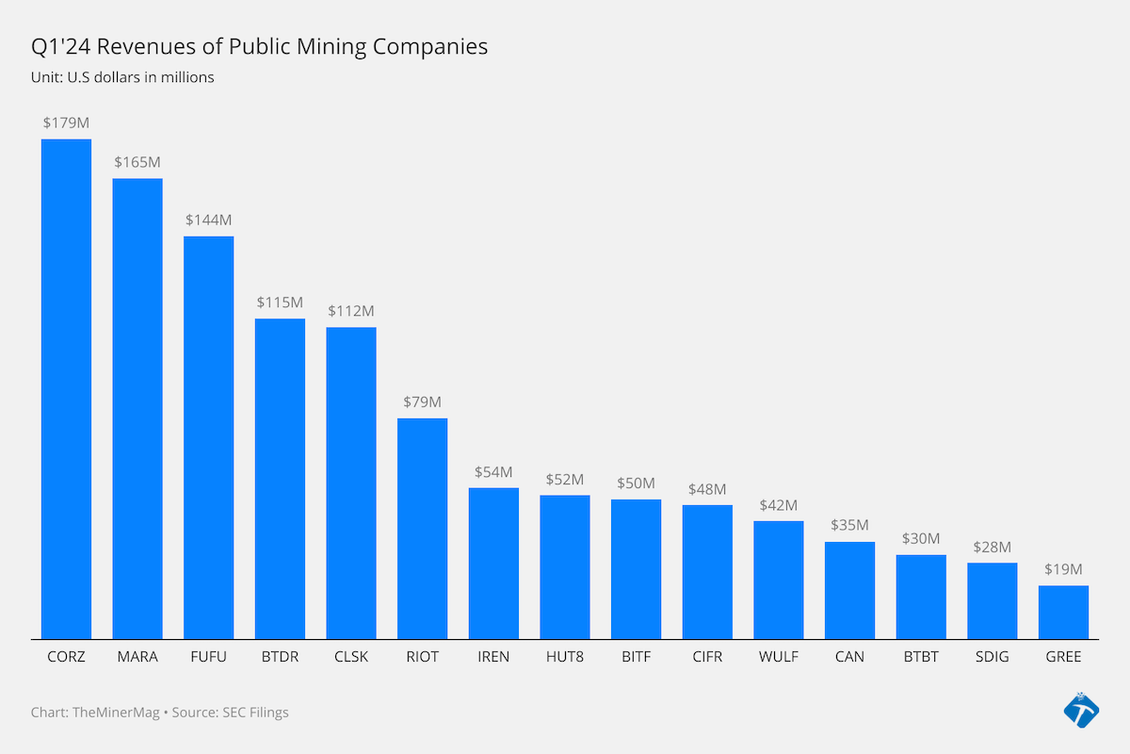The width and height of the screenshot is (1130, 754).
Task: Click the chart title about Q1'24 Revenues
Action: click(260, 46)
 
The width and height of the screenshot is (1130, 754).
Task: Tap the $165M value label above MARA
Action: click(137, 162)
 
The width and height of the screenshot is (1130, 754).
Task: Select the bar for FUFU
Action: click(208, 437)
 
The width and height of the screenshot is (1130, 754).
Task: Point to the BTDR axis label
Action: click(280, 657)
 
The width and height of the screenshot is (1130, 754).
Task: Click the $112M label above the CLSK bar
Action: click(351, 310)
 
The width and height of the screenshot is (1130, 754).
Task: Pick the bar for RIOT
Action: click(422, 528)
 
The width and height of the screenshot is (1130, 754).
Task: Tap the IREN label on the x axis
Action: click(493, 657)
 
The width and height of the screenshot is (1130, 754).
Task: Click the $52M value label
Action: click(565, 479)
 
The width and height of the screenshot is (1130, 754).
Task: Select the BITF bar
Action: click(636, 568)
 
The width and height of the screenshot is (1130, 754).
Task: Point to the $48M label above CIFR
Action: click(707, 489)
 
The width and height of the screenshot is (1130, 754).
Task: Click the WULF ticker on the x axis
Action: click(779, 657)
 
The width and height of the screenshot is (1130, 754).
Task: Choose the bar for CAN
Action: click(849, 590)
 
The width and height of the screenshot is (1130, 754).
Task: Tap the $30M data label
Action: click(921, 538)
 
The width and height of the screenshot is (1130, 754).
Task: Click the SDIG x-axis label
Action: click(992, 657)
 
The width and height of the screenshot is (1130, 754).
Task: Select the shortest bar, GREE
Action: click(1063, 612)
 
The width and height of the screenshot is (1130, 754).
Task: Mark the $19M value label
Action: click(1063, 569)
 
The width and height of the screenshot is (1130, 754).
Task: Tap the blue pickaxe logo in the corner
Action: click(1081, 711)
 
